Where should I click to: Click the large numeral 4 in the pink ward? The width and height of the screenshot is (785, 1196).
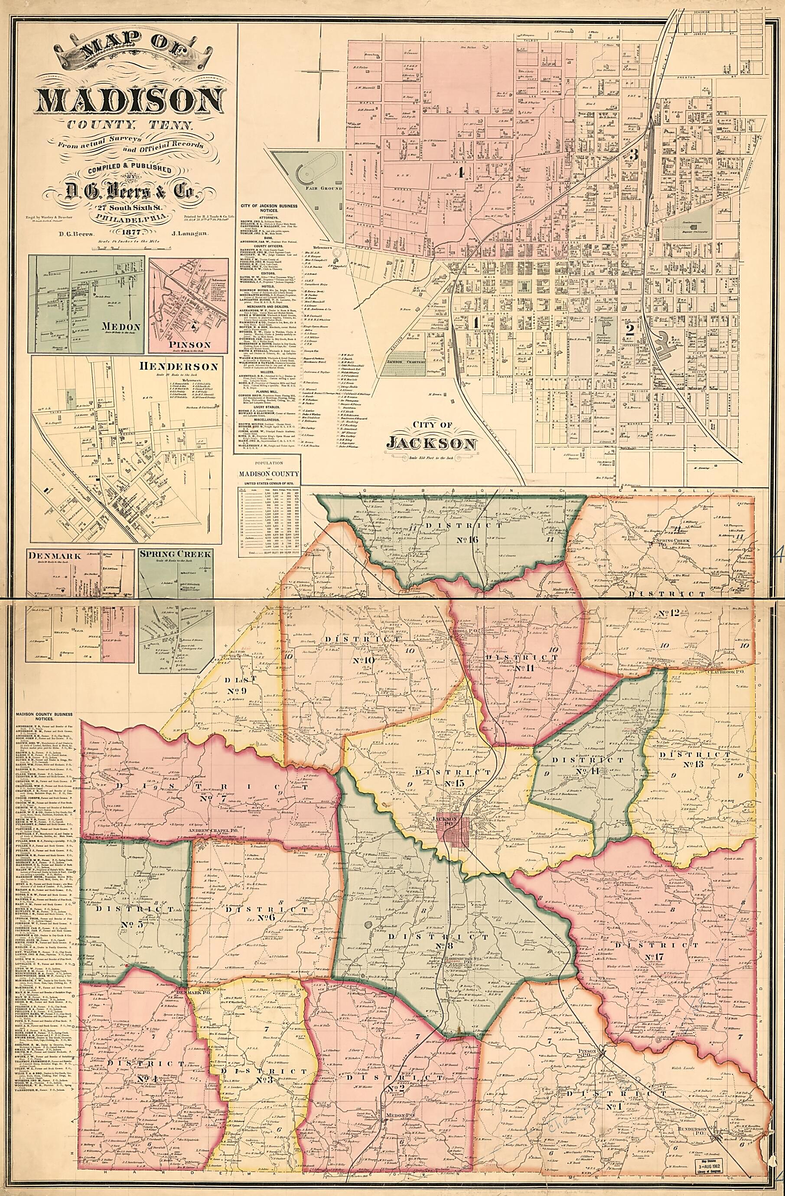[458, 173]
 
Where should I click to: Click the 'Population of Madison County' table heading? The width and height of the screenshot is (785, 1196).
[269, 473]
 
